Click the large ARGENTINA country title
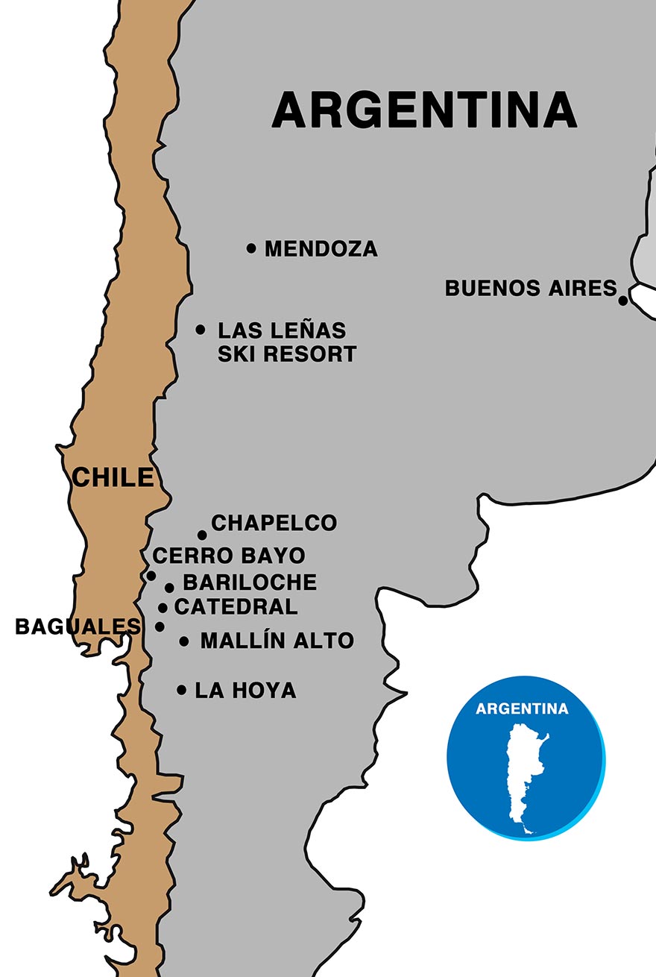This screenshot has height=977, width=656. tap(424, 110)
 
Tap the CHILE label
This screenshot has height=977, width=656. tap(113, 477)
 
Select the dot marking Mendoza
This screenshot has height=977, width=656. tap(251, 248)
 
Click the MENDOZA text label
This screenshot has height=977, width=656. tap(321, 248)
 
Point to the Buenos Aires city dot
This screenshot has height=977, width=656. tap(623, 301)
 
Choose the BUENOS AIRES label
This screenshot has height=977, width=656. tap(531, 288)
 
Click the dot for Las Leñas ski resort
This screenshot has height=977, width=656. tap(201, 330)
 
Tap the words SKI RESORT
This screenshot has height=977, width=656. tap(287, 354)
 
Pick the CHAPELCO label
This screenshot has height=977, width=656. tap(274, 524)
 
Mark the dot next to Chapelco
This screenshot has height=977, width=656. tap(202, 535)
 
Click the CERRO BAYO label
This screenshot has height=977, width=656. tap(229, 556)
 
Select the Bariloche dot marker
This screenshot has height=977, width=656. tap(169, 588)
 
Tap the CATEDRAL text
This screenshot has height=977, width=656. tap(236, 607)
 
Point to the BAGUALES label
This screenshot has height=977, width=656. tap(78, 627)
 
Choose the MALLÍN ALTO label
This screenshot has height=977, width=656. tap(277, 641)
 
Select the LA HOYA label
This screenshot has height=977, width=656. tap(245, 691)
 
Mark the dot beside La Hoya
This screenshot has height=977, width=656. tap(181, 690)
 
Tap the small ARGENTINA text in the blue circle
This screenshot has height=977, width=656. tap(522, 709)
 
